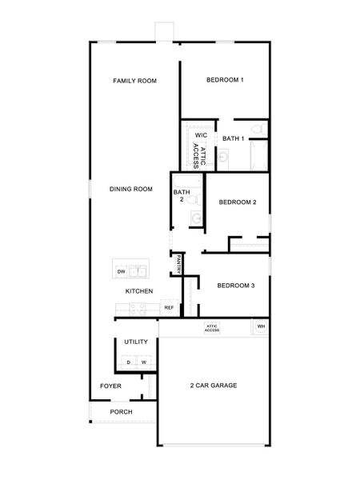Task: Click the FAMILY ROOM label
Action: [x=134, y=81]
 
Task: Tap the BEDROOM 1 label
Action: [x=225, y=80]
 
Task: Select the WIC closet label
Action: [x=201, y=136]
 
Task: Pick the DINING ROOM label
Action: [x=131, y=189]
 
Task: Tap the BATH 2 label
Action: [x=181, y=195]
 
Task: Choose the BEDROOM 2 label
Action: [x=237, y=202]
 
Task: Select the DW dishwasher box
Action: [x=122, y=272]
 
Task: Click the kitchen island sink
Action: [x=138, y=271]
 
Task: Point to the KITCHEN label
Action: [x=138, y=291]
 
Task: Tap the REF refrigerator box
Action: [x=169, y=307]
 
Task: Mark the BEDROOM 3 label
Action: [x=236, y=286]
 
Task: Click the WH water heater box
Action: [x=261, y=326]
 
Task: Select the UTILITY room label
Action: [x=135, y=342]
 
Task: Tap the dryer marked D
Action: [x=128, y=362]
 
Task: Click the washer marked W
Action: [x=143, y=362]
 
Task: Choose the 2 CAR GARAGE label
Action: [x=213, y=386]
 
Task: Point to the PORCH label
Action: [x=121, y=412]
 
